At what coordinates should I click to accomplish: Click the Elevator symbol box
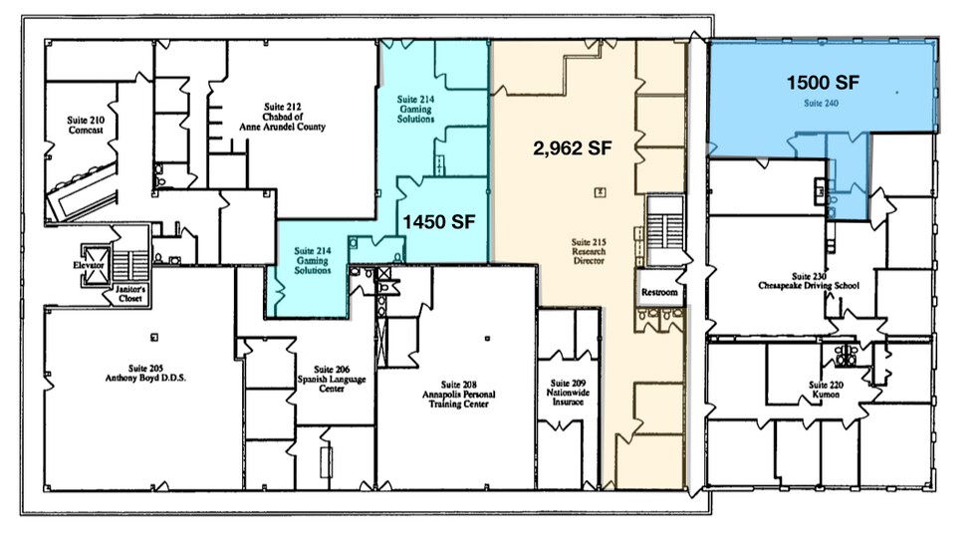pyautogui.click(x=95, y=266)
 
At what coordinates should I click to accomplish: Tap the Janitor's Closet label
pyautogui.click(x=130, y=294)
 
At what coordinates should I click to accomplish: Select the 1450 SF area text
pyautogui.click(x=439, y=222)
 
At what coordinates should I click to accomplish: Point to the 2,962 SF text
pyautogui.click(x=572, y=148)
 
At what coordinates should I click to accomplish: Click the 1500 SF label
pyautogui.click(x=823, y=83)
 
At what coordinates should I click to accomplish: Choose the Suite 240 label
pyautogui.click(x=822, y=104)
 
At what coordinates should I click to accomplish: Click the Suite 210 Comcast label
pyautogui.click(x=86, y=125)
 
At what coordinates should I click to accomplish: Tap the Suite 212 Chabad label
pyautogui.click(x=283, y=117)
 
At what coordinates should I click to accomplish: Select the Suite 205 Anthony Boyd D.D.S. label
pyautogui.click(x=145, y=374)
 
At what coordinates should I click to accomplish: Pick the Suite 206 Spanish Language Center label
pyautogui.click(x=332, y=379)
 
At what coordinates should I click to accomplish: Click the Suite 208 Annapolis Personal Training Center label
pyautogui.click(x=459, y=395)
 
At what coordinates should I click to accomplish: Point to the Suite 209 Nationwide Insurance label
pyautogui.click(x=568, y=393)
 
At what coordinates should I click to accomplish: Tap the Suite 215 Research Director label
pyautogui.click(x=589, y=251)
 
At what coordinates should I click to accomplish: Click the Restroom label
pyautogui.click(x=659, y=293)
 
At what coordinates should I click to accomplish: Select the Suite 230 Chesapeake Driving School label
pyautogui.click(x=809, y=281)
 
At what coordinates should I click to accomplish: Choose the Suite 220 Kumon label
pyautogui.click(x=826, y=390)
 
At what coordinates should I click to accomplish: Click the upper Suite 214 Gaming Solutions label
pyautogui.click(x=415, y=109)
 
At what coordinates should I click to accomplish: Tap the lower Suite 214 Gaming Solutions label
pyautogui.click(x=313, y=261)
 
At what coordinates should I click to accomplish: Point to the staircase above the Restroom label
pyautogui.click(x=665, y=229)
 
